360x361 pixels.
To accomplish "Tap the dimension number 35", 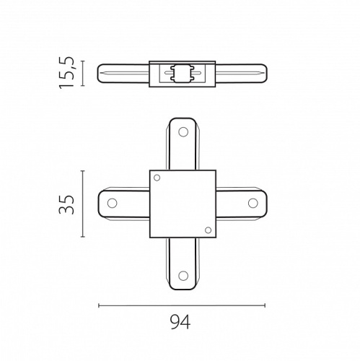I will click(66, 203).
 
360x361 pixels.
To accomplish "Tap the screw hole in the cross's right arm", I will click(252, 203).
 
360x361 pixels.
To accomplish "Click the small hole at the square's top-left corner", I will click(158, 178).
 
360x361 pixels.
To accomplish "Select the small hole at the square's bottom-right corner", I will click(207, 230).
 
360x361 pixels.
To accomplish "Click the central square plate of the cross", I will click(182, 204).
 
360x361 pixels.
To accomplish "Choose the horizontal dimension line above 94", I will click(181, 305).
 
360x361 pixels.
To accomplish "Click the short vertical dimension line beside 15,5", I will click(84, 74).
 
